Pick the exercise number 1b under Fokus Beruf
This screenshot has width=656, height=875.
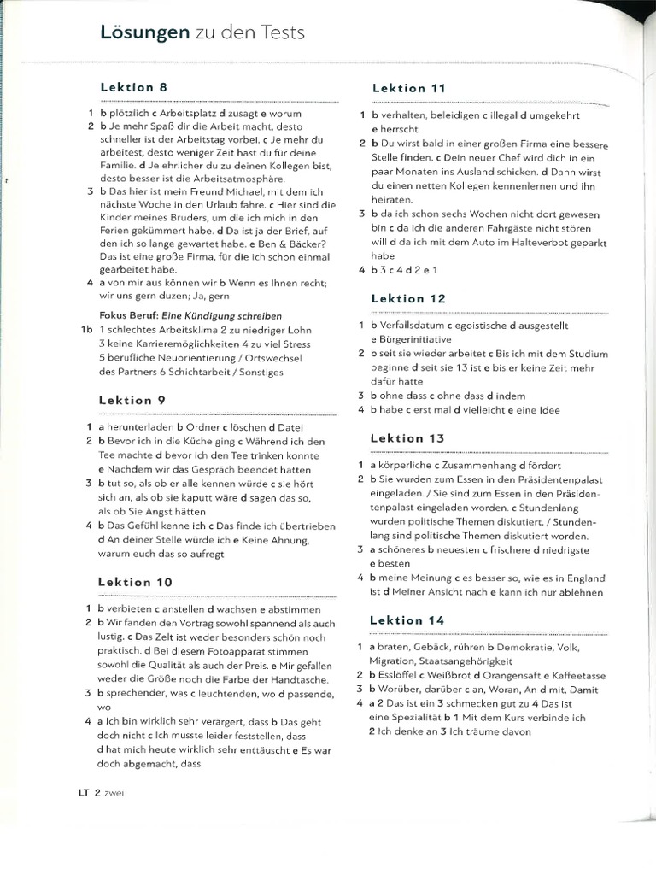tap(85, 329)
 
